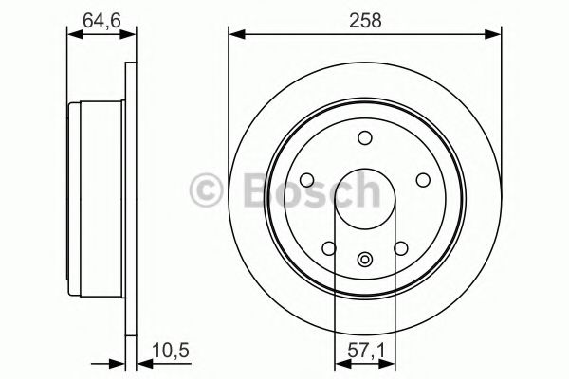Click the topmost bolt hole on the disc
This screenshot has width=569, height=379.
coord(365,139)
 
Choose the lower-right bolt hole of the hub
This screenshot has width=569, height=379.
coord(400,248)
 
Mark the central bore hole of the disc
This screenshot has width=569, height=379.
coord(365,199)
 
